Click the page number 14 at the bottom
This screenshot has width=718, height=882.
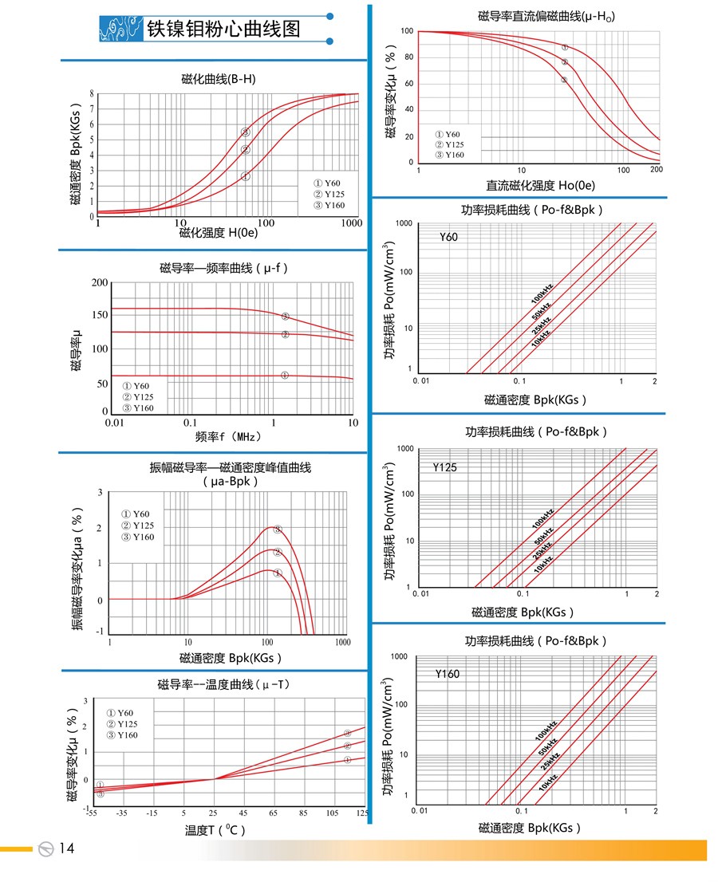click(x=66, y=849)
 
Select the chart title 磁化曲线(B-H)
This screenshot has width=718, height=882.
click(x=219, y=79)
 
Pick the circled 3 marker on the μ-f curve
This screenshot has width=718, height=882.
click(x=285, y=317)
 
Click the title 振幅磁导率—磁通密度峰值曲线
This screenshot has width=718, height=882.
click(x=231, y=468)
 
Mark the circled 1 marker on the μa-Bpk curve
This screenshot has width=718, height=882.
click(x=278, y=573)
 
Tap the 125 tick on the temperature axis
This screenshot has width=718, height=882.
click(x=361, y=813)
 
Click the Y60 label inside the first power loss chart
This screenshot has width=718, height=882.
click(x=449, y=237)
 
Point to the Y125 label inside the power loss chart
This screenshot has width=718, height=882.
click(x=445, y=468)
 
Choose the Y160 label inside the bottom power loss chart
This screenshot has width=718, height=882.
click(x=448, y=674)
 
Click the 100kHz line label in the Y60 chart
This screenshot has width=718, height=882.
click(x=542, y=293)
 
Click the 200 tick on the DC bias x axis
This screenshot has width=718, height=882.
click(x=657, y=170)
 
